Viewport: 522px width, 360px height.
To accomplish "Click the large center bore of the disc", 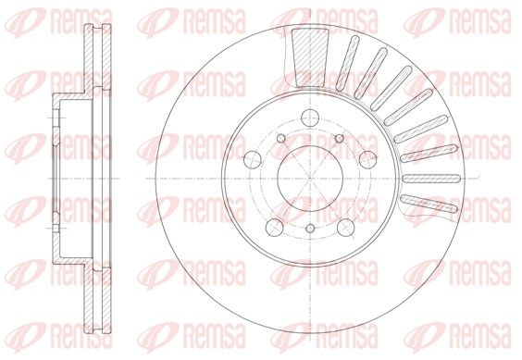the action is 310,179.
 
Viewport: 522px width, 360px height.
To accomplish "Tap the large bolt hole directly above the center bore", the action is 310,118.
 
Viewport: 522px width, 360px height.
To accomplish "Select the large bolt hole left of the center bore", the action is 253,159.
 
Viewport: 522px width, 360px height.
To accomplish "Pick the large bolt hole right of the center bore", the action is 367,159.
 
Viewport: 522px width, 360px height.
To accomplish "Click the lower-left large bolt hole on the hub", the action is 275,227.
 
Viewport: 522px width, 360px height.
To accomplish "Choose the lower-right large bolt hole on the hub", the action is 345,227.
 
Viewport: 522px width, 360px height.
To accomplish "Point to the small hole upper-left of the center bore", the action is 281,138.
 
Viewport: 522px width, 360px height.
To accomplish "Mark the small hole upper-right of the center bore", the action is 340,138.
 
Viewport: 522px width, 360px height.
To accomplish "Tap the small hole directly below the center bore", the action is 310,229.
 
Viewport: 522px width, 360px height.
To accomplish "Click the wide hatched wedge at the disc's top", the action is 310,57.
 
